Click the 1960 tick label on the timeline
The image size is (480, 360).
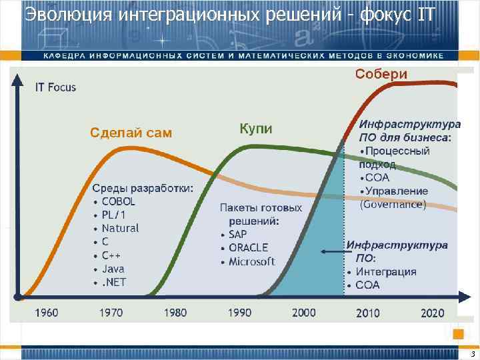(46, 312)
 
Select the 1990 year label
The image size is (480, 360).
(239, 312)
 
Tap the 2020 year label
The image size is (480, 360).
(432, 312)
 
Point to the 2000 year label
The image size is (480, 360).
(303, 312)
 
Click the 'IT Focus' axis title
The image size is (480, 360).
(56, 87)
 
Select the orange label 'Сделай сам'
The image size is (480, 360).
(131, 133)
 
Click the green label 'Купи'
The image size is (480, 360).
(255, 129)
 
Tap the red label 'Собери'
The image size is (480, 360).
(381, 74)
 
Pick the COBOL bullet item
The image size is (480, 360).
(118, 201)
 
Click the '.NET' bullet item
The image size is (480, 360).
(113, 282)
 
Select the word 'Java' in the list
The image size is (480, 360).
(113, 269)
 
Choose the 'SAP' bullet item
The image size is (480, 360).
(237, 235)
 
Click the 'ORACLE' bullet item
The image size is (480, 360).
(248, 248)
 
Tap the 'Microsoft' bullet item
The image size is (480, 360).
(251, 261)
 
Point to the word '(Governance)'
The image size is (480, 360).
(392, 205)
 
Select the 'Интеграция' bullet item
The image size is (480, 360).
(385, 271)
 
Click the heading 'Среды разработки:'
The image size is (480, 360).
(142, 188)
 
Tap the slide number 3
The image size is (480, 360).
(472, 354)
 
